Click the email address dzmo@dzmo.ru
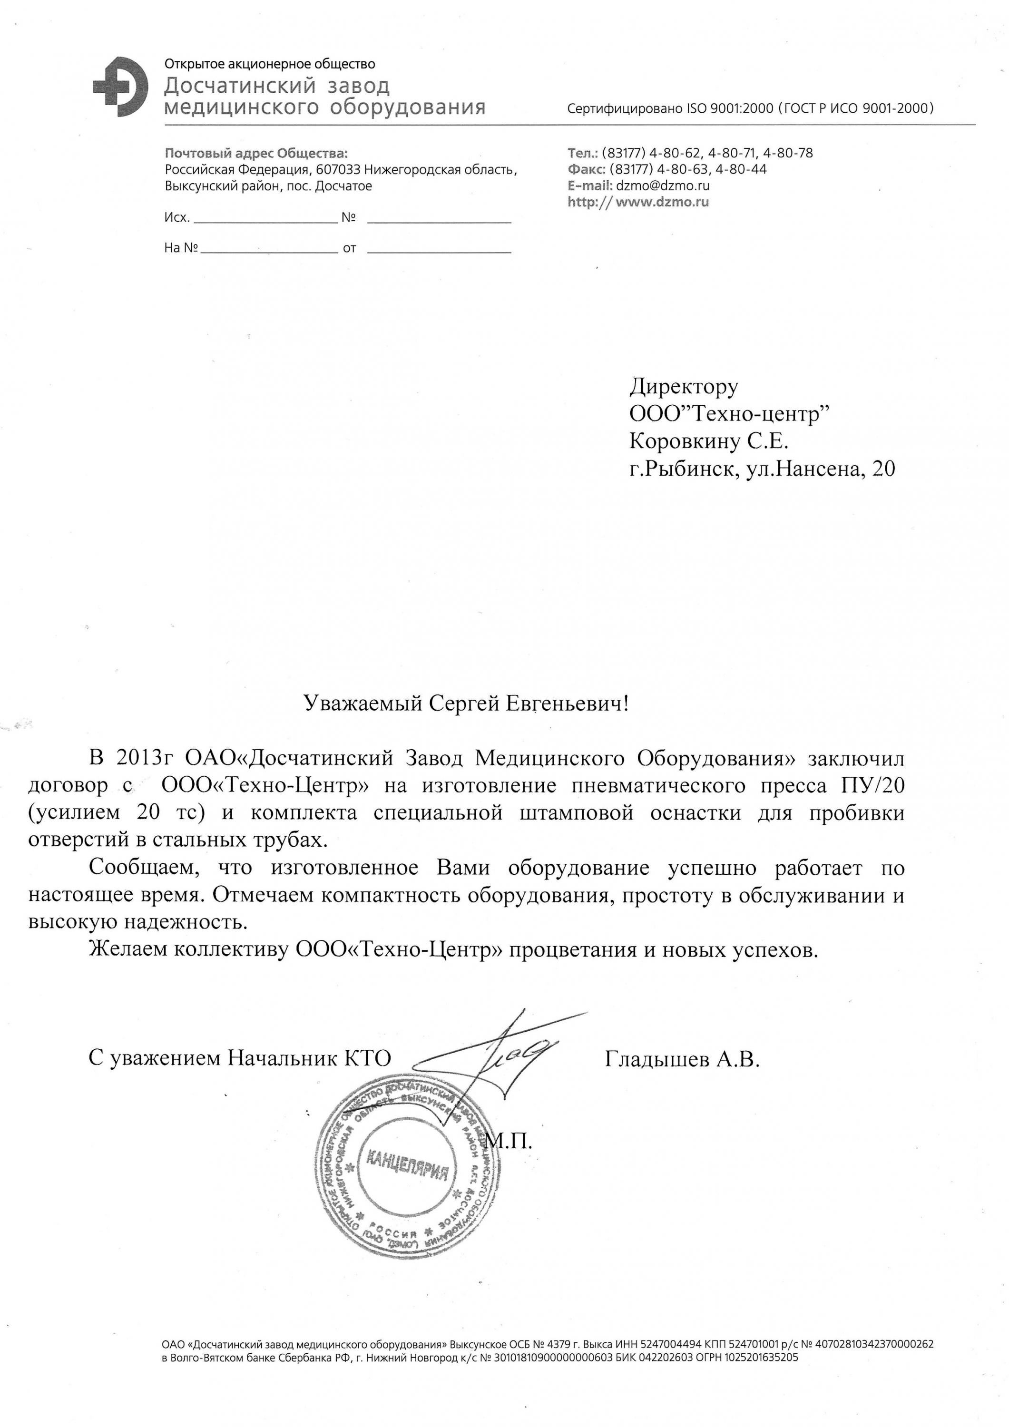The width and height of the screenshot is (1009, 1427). click(x=662, y=185)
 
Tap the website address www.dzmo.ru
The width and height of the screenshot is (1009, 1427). click(x=662, y=202)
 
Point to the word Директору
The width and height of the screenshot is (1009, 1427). click(x=684, y=387)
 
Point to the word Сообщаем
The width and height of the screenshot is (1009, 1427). click(x=144, y=868)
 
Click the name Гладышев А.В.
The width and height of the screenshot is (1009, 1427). click(x=682, y=1058)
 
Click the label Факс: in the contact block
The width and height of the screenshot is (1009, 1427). click(x=586, y=169)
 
